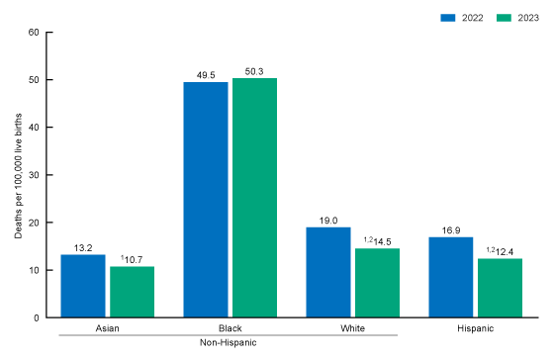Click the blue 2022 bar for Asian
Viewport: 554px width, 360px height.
coord(83,286)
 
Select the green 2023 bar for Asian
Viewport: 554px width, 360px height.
coord(132,292)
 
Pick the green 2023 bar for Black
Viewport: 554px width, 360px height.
coord(254,198)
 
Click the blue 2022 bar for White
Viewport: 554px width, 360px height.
coord(328,272)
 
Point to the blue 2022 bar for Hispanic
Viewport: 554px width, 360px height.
coord(450,277)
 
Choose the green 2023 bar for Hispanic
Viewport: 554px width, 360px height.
coord(499,288)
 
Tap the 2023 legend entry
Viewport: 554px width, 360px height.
coord(519,18)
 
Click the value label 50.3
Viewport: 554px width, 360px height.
coord(254,70)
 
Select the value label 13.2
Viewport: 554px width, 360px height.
coord(83,247)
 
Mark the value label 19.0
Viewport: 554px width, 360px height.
coord(328,220)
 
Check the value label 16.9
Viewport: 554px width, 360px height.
coord(450,229)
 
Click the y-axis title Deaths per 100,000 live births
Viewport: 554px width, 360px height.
coord(18,174)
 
